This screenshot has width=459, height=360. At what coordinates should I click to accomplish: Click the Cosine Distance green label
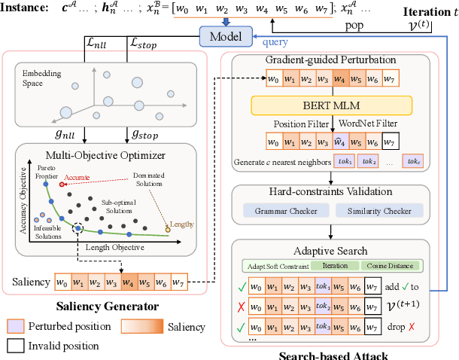point(391,266)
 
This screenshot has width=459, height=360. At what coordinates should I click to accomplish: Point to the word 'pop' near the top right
point(354,25)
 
